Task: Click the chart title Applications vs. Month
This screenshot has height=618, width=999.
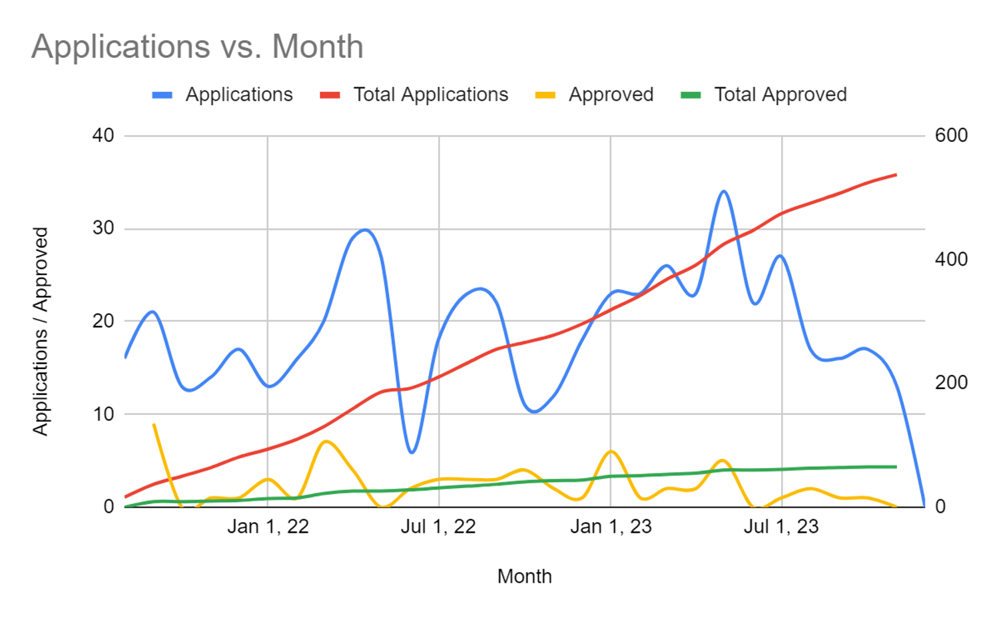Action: (x=197, y=47)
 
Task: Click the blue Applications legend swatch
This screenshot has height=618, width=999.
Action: (x=163, y=95)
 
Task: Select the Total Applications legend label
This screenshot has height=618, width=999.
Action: (x=430, y=95)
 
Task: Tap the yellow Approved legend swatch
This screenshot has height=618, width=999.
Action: (x=545, y=95)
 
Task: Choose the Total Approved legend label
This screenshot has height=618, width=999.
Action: (x=780, y=95)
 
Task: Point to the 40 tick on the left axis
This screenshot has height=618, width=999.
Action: (x=103, y=136)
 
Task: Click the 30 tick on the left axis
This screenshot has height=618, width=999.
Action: (x=103, y=228)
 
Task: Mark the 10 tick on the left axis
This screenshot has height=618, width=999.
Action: (x=103, y=414)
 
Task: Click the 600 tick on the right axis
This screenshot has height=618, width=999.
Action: (x=951, y=136)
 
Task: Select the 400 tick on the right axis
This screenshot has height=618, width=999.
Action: (x=951, y=259)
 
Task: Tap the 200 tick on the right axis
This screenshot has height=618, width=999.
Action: (x=951, y=383)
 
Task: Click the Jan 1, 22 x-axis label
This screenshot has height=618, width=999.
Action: (x=268, y=527)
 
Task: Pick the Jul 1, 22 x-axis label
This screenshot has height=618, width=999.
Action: (x=438, y=527)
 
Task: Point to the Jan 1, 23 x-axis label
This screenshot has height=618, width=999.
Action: (x=611, y=527)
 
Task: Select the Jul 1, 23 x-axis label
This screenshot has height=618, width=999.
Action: (x=781, y=527)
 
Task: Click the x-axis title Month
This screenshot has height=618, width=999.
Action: (x=524, y=577)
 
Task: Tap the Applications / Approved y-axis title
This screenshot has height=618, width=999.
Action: (x=41, y=332)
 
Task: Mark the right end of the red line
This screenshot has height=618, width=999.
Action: (x=896, y=175)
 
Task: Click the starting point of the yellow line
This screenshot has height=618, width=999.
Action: (x=154, y=424)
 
